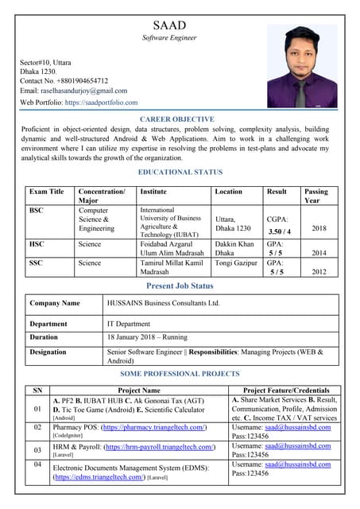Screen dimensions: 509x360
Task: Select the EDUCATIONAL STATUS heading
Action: click(180, 172)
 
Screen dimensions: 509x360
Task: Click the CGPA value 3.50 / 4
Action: click(279, 231)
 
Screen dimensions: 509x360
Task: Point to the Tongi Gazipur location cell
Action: click(235, 262)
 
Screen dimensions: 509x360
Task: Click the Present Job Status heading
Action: click(180, 286)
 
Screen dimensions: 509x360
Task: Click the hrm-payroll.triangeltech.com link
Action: click(161, 447)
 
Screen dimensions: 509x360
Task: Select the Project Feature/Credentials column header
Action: click(285, 390)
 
